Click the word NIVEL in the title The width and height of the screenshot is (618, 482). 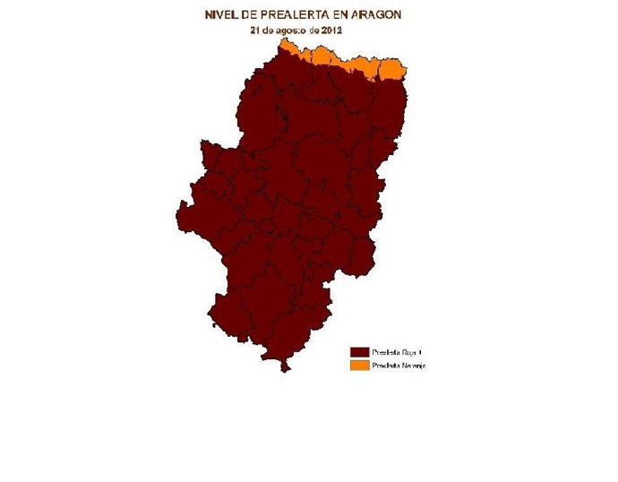(x=220, y=15)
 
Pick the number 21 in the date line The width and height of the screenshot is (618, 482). (x=255, y=30)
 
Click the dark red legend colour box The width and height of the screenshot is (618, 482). (x=359, y=352)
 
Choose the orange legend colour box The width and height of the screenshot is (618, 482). (x=359, y=366)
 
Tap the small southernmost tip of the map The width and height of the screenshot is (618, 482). (x=284, y=366)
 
